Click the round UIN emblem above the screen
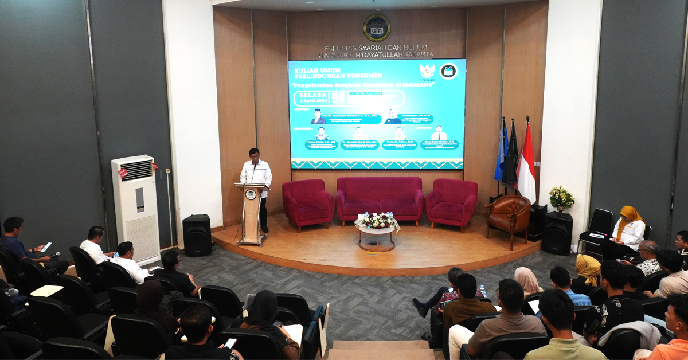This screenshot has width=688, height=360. pos(377,28)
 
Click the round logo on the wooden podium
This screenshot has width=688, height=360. pos(251,194)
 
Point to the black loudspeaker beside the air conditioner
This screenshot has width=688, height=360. pos(197,235)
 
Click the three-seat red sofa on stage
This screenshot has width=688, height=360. pos(380,199)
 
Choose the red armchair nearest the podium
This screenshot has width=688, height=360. pos(308,202)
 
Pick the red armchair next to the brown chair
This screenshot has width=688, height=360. pos(452,202)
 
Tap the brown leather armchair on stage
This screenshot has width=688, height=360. pos(509,218)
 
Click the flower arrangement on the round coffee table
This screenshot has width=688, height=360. pos(377,221)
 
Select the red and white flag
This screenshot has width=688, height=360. pos(526,163)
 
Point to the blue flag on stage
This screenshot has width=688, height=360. pos(501,152)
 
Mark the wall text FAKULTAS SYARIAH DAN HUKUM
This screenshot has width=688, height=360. pos(377,48)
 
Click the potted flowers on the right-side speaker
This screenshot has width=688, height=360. pos(561,198)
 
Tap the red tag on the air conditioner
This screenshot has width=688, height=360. pos(123,172)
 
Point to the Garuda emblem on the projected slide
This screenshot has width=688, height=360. pos(427,71)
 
